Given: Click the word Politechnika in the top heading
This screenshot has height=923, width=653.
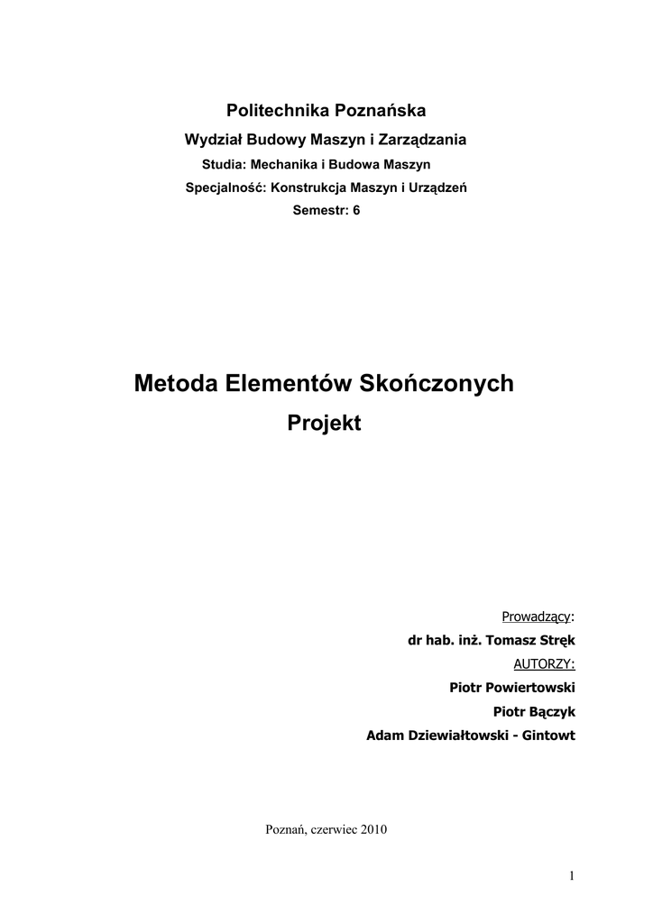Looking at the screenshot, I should click(277, 111).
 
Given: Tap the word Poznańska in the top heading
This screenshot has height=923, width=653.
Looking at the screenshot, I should click(381, 111).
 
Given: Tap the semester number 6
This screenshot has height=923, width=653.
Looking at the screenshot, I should click(356, 211).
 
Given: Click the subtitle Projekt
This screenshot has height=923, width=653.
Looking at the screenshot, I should click(324, 422).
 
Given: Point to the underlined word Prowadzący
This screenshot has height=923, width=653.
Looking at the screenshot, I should click(536, 617).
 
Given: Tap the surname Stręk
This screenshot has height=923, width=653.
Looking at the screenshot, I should click(554, 641).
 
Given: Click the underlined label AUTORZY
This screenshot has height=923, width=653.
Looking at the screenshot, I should click(543, 664).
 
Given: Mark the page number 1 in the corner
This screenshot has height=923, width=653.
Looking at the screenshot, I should click(572, 875).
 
